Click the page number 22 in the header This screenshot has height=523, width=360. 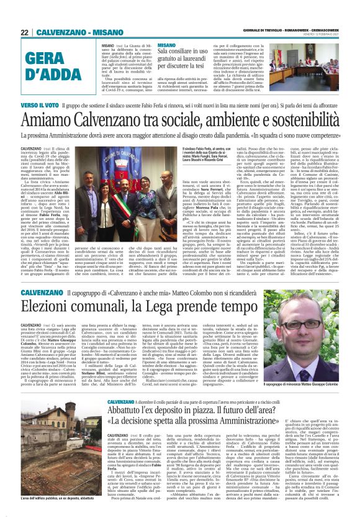coord(24,32)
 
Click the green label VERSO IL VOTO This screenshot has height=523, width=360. coord(43,106)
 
